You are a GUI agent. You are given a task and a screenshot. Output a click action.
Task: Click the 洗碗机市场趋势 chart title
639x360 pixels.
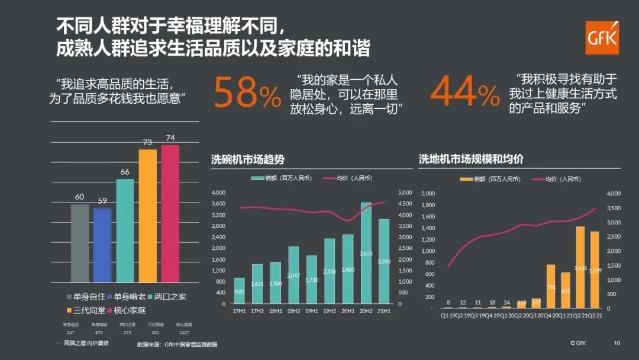(x=248, y=159)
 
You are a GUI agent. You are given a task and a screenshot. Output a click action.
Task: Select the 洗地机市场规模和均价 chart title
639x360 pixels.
(x=471, y=159)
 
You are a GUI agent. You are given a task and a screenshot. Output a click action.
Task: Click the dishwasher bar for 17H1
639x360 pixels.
(x=239, y=290)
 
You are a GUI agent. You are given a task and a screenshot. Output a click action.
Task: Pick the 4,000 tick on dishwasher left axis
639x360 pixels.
(x=218, y=192)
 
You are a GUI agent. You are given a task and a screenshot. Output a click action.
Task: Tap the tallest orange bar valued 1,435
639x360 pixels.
(x=580, y=267)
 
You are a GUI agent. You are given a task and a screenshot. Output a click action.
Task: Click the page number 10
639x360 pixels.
(x=617, y=343)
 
